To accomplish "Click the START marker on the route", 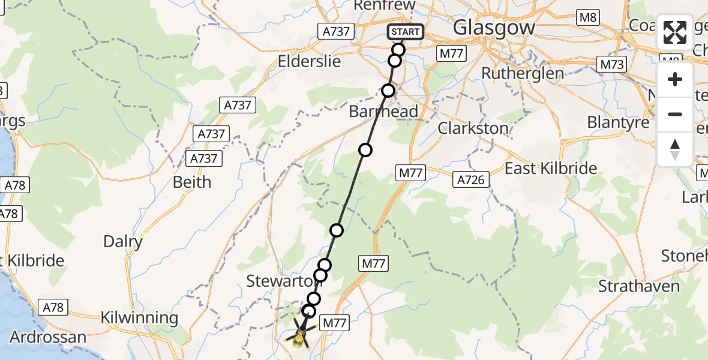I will pos(406,32).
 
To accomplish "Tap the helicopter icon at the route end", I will pos(299,337).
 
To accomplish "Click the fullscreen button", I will pos(675,32).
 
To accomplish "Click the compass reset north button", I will pos(675,149).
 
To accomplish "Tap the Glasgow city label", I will pos(494,28).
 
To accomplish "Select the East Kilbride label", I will pos(551,168).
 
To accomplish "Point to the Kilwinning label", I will pos(139,317).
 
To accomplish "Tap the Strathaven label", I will pos(639,286).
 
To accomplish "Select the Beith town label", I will pos(192,182).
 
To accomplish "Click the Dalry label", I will pos(123,242).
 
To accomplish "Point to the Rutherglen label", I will pos(523,74).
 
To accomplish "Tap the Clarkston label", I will pos(473,128).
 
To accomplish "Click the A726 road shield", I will pos(472,179).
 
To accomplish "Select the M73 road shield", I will pos(611,64).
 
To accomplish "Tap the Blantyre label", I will pos(618,122).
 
